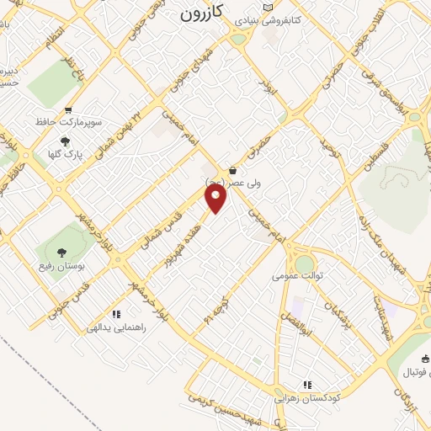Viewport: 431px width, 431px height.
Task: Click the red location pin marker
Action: [x=217, y=199]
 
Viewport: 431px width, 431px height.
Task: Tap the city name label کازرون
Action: [x=203, y=14]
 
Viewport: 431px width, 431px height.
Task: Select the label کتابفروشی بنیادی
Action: [x=301, y=17]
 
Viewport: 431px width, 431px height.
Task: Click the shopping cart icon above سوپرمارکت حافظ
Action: [x=68, y=110]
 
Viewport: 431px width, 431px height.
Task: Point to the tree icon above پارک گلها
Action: [x=66, y=141]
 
